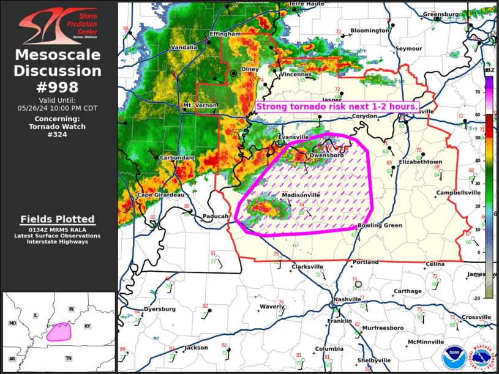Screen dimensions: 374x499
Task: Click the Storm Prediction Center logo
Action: (58, 24)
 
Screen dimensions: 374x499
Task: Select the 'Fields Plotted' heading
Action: (58, 219)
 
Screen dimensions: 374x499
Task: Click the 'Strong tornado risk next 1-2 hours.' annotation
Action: (337, 107)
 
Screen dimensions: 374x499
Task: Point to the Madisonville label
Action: (301, 195)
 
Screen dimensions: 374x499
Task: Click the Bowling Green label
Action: (380, 225)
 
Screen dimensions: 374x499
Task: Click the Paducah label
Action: (216, 216)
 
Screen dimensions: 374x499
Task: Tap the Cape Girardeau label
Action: (160, 195)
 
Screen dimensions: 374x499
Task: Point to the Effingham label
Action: (225, 34)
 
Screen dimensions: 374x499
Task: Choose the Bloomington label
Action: (370, 31)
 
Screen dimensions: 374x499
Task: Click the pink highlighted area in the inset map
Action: (59, 332)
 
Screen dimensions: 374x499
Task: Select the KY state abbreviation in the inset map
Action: (87, 326)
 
